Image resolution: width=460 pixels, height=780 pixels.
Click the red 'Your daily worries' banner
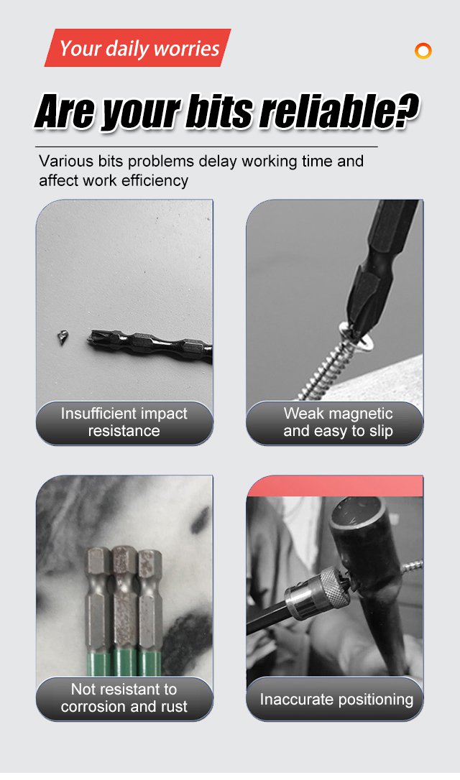click(137, 47)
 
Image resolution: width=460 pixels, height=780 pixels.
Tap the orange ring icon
click(423, 51)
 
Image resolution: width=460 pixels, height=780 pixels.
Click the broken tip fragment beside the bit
click(62, 338)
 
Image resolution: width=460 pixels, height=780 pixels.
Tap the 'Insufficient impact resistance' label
click(124, 422)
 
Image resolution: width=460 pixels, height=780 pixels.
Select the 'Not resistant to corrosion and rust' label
click(124, 698)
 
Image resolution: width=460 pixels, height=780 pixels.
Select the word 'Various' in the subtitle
click(66, 161)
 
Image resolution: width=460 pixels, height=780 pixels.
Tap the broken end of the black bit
click(92, 339)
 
